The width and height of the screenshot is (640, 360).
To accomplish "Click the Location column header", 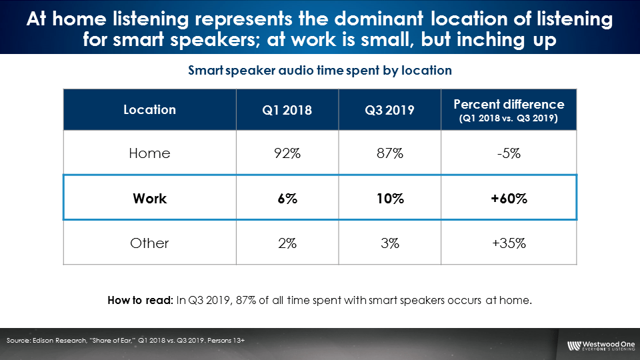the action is click(149, 110).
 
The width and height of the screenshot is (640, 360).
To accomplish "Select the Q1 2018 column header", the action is click(287, 110).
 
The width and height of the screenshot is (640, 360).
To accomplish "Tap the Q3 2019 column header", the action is click(389, 110).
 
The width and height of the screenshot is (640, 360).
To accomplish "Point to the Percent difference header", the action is click(509, 110).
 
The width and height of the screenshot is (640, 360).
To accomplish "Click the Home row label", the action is click(149, 153).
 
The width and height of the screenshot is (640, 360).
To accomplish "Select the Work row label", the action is click(149, 199).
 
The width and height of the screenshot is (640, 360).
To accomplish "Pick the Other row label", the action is click(149, 243).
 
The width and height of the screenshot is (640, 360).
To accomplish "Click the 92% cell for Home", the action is click(287, 153).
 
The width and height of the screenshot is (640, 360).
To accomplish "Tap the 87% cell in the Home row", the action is click(390, 153).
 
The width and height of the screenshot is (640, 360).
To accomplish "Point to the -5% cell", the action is click(509, 153).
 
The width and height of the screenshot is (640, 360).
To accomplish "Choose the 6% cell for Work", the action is click(287, 199).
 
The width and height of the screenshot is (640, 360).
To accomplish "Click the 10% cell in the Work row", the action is click(390, 199).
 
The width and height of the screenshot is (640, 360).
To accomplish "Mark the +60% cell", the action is click(509, 199).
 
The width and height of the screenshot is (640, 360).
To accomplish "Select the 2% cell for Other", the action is click(287, 243).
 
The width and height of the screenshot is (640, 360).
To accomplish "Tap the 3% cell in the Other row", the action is click(390, 243).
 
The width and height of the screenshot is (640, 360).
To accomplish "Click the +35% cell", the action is click(509, 243).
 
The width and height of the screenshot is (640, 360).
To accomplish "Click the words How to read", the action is click(141, 301).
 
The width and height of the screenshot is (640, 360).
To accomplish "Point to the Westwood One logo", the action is click(601, 346).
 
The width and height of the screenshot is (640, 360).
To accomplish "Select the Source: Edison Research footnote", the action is click(126, 341).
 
